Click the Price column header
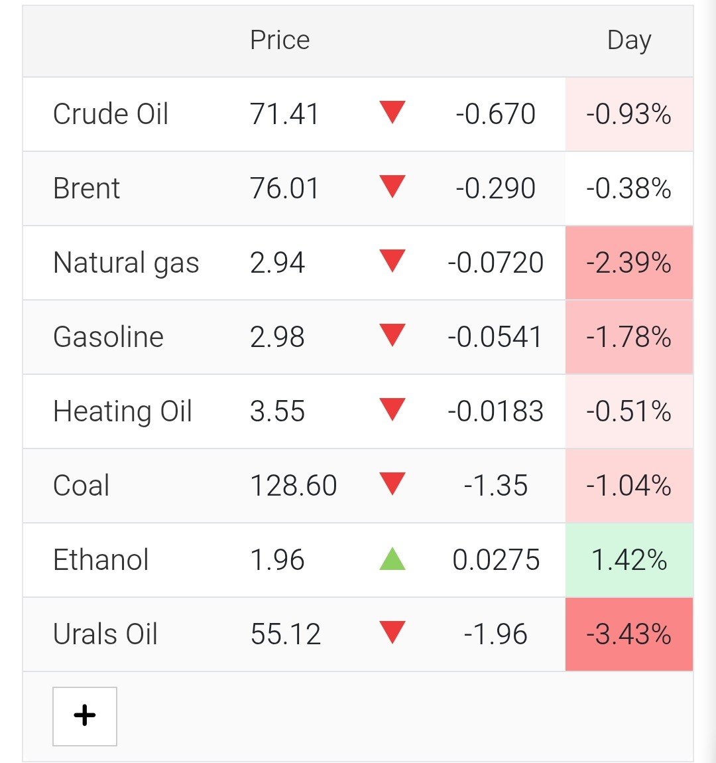280,40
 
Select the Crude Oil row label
111,114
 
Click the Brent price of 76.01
284,188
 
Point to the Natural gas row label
127,263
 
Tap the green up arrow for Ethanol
392,559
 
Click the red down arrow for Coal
392,484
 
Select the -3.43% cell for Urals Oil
629,634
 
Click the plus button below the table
85,717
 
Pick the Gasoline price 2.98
278,337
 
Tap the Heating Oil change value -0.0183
495,411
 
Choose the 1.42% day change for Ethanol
629,560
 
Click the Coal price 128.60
294,486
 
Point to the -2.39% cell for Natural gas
629,263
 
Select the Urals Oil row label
105,634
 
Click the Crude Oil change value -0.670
495,114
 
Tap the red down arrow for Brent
392,187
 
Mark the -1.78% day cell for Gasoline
629,337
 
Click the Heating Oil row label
123,411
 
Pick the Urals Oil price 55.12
286,634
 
